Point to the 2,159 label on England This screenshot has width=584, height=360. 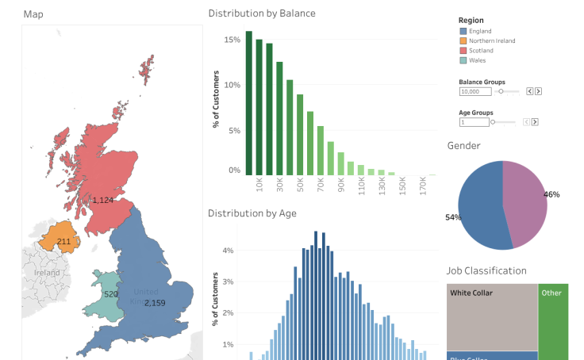click(155, 302)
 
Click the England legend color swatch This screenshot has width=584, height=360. click(463, 31)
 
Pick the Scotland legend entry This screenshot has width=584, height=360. click(480, 51)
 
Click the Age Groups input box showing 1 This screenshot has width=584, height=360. click(474, 122)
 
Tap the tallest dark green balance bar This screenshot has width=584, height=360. click(248, 103)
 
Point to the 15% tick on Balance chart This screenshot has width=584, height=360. click(233, 40)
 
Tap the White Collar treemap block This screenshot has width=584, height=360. click(492, 317)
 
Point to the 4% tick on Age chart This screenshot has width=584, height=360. click(228, 251)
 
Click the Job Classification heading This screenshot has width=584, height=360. click(486, 270)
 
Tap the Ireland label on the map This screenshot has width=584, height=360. click(47, 273)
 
